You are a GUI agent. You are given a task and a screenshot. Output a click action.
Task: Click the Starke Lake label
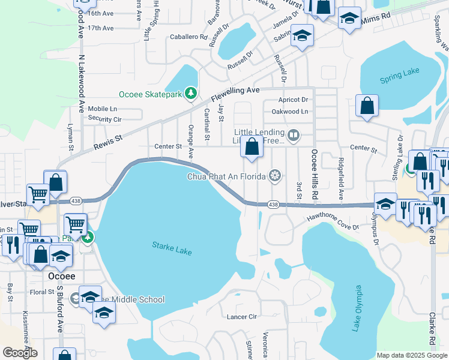pyautogui.click(x=172, y=248)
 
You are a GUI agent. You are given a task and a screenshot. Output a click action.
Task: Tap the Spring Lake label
pyautogui.click(x=399, y=79)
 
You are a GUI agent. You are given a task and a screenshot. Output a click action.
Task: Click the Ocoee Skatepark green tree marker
pyautogui.click(x=191, y=93)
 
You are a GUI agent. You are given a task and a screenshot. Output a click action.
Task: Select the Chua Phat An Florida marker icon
pyautogui.click(x=275, y=175)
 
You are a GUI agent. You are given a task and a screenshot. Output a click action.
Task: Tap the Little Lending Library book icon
pyautogui.click(x=294, y=135)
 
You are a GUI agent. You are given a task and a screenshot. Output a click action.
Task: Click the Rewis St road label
pyautogui.click(x=108, y=142)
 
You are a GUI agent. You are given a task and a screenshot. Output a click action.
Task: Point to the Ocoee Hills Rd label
pyautogui.click(x=313, y=175)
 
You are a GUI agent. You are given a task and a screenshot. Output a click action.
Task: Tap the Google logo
pyautogui.click(x=19, y=353)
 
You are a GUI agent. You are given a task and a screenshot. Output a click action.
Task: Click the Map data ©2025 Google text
pyautogui.click(x=411, y=355)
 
